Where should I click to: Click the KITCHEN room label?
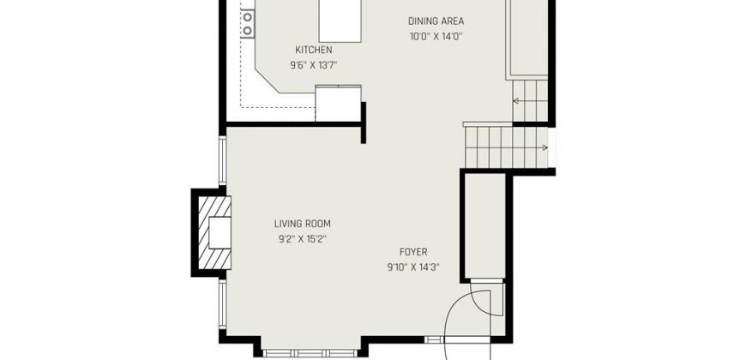[x=314, y=50]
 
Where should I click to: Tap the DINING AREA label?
[x=436, y=21]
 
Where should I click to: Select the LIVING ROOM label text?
[x=302, y=224]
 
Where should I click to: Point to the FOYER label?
[x=413, y=252]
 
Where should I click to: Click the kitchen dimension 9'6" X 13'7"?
[x=314, y=65]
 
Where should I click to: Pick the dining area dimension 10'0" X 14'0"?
[x=436, y=37]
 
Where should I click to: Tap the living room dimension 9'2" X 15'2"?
[x=302, y=239]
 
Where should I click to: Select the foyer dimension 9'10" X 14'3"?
[x=413, y=267]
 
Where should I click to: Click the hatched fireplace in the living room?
[x=214, y=232]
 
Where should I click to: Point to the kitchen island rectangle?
[x=340, y=21]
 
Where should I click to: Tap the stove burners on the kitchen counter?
[x=248, y=24]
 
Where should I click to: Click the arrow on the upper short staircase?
[x=522, y=101]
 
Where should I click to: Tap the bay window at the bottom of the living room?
[x=310, y=353]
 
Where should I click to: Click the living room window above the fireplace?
[x=222, y=161]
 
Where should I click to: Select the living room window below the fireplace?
[x=222, y=304]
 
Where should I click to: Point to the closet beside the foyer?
[x=484, y=226]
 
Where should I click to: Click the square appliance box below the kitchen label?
[x=338, y=103]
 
